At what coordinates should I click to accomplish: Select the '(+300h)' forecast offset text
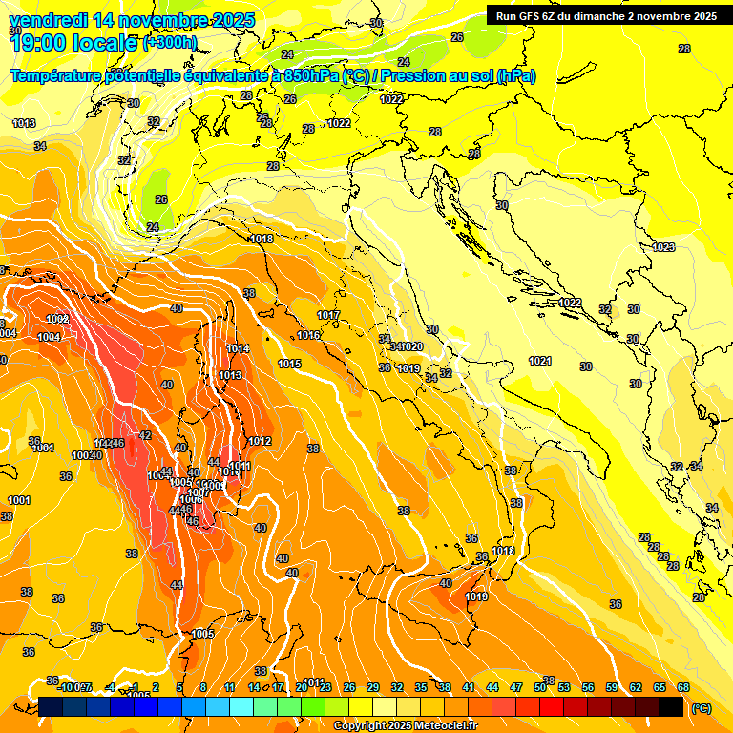tap(170, 43)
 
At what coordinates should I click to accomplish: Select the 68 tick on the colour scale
tap(683, 687)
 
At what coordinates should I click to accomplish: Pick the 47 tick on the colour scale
tap(516, 687)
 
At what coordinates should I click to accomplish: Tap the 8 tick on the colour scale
tap(203, 687)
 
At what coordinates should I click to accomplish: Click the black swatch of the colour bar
tap(671, 706)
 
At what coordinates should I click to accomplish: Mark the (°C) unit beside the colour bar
tap(702, 708)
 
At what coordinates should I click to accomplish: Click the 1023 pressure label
tap(663, 247)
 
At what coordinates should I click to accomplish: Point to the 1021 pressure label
tap(540, 361)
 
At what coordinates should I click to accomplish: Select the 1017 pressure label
tap(328, 315)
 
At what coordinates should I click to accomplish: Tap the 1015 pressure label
tap(290, 365)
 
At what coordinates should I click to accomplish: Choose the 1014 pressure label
tap(238, 349)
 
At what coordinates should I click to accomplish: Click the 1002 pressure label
tap(56, 319)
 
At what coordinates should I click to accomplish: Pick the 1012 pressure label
tap(260, 441)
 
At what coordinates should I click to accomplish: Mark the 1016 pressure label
tap(308, 335)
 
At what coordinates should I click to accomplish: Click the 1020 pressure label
tap(412, 346)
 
